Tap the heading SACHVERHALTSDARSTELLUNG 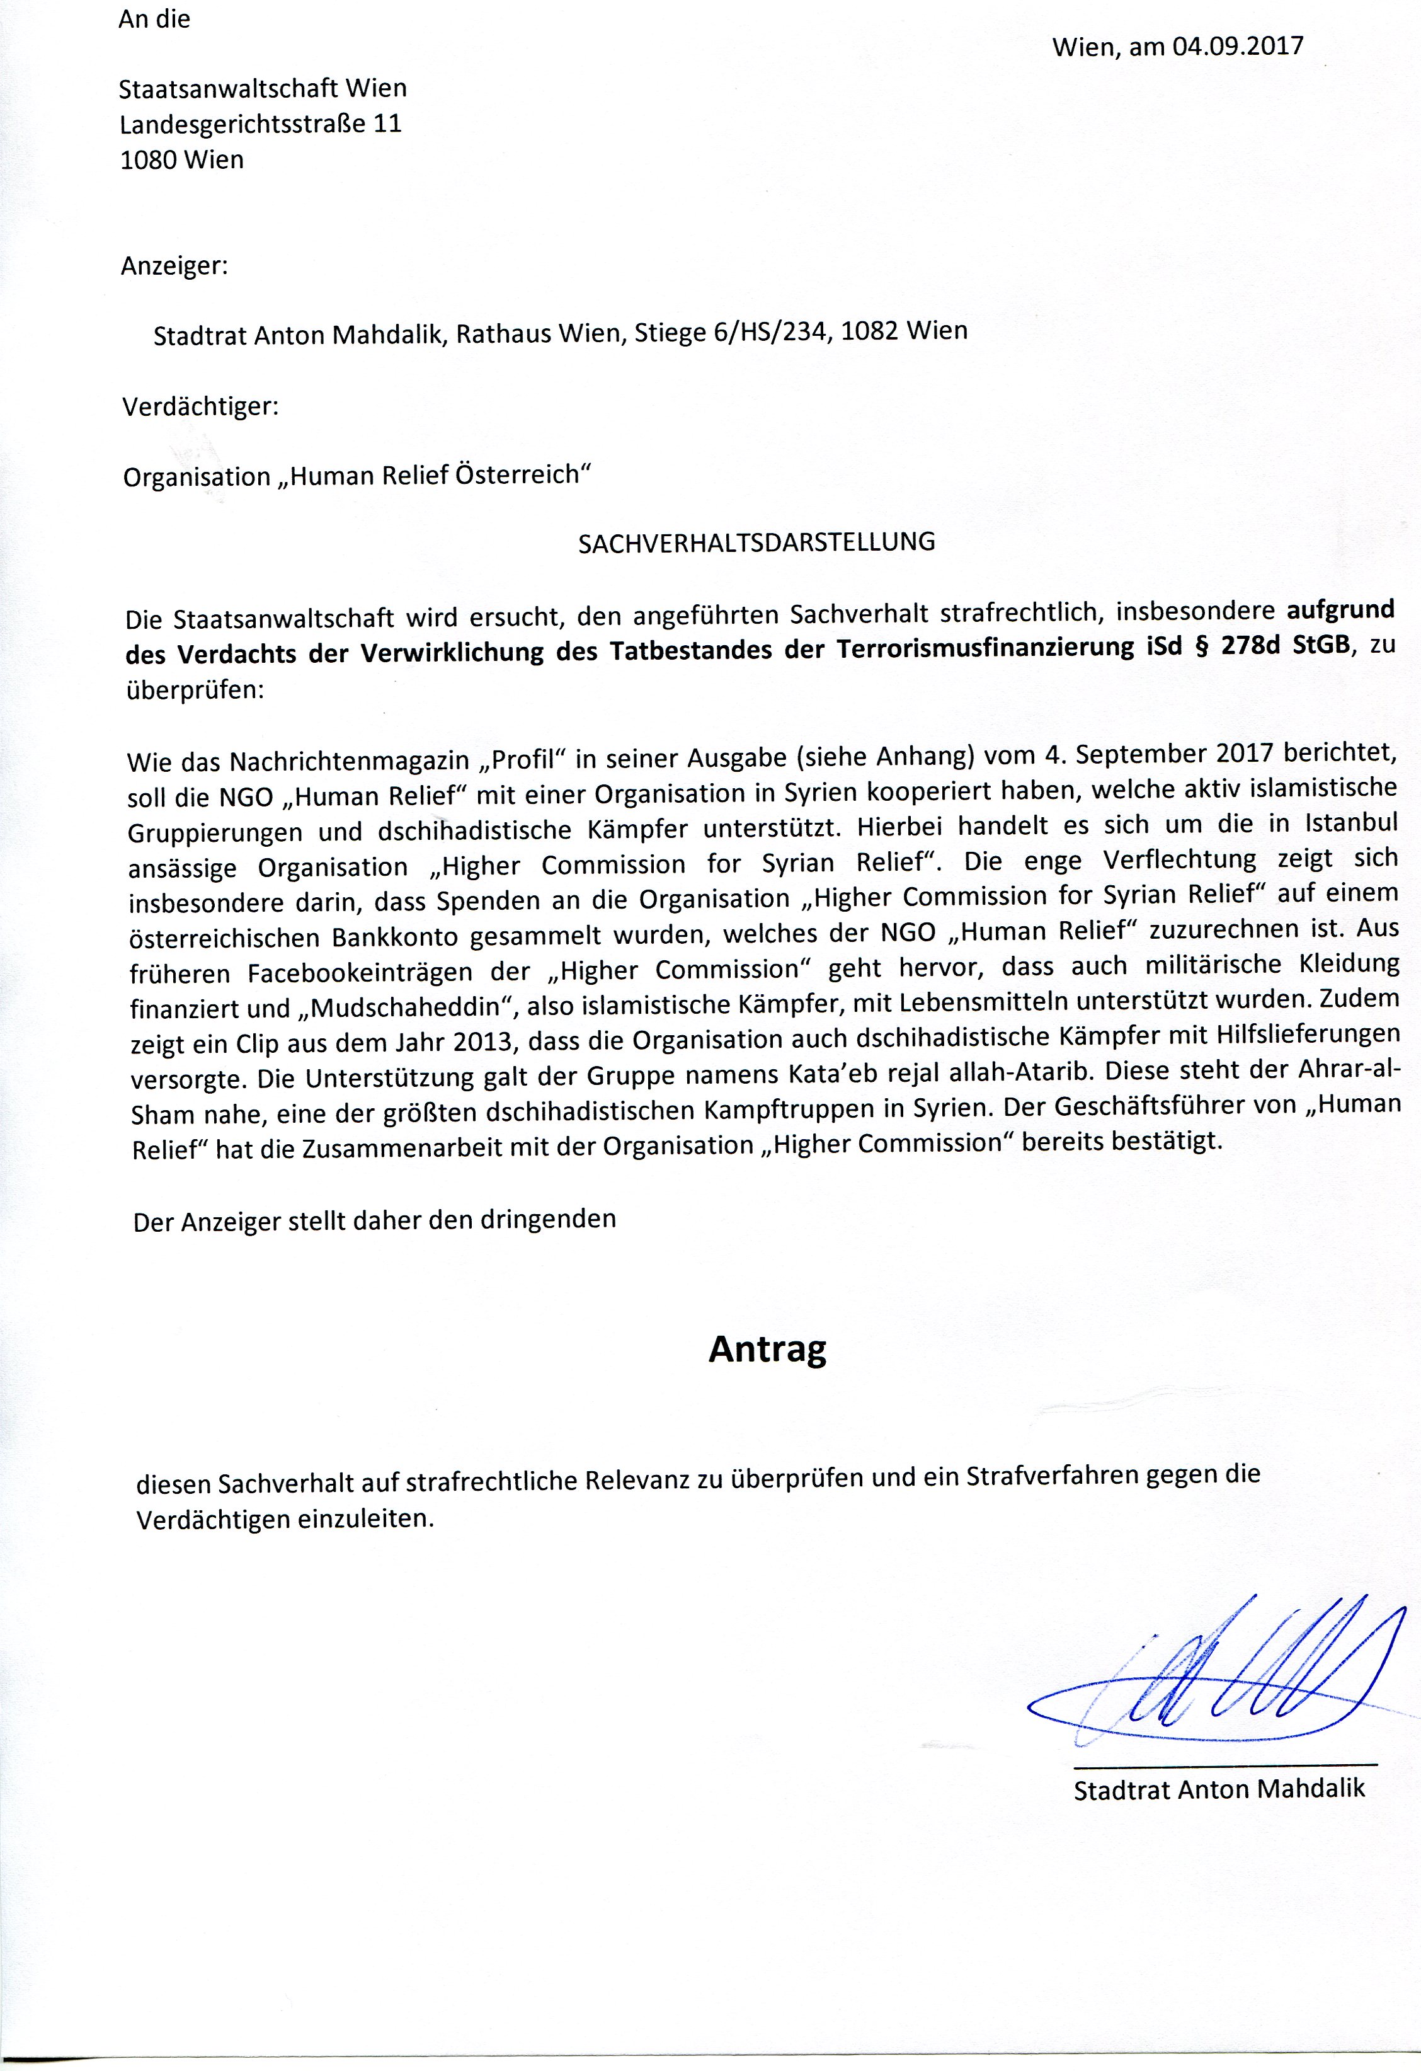756,542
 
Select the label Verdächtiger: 200,407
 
